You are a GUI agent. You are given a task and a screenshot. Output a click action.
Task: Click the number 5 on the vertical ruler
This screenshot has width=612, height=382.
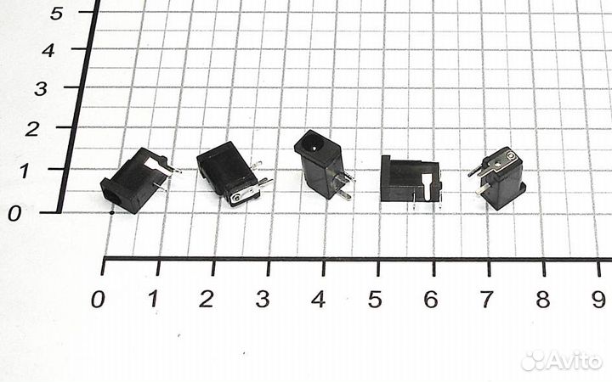(57, 12)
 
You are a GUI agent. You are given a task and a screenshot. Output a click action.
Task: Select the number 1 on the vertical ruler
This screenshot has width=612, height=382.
(25, 171)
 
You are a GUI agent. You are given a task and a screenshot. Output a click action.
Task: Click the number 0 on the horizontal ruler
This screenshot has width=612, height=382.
(99, 299)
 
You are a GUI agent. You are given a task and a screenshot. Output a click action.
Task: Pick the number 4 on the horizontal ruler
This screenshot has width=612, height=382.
(318, 300)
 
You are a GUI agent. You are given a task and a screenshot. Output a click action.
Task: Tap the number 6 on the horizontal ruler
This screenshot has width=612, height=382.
(430, 300)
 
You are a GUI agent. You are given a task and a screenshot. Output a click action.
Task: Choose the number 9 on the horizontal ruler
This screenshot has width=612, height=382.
(598, 300)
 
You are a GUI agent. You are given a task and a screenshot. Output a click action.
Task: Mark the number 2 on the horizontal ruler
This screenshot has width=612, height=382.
(207, 299)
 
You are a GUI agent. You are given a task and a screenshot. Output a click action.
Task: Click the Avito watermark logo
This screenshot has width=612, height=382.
(561, 361)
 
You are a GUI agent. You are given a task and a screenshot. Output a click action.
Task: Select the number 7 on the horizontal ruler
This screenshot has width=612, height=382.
(486, 300)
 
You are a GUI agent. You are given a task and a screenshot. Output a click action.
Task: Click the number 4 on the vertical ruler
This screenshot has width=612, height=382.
(49, 50)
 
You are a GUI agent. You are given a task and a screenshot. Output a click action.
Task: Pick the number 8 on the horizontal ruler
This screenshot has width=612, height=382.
(542, 300)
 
